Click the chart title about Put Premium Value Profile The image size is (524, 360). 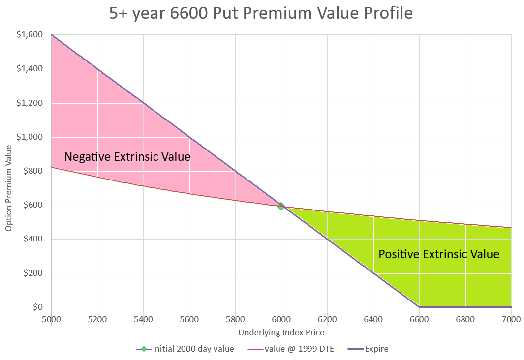pyautogui.click(x=261, y=13)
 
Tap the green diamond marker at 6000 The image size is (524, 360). pyautogui.click(x=281, y=206)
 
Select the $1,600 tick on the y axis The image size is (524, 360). pyautogui.click(x=30, y=34)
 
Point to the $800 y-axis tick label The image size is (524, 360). pyautogui.click(x=33, y=171)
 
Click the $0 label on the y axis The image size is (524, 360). pyautogui.click(x=38, y=307)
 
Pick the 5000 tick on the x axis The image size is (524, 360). pyautogui.click(x=52, y=319)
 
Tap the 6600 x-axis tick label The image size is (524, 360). pyautogui.click(x=419, y=319)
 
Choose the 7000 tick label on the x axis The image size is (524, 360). pyautogui.click(x=511, y=319)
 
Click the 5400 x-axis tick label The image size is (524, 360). pyautogui.click(x=143, y=319)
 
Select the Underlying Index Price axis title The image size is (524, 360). pyautogui.click(x=281, y=332)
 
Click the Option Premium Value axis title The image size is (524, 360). pyautogui.click(x=8, y=188)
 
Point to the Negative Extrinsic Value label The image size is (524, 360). pyautogui.click(x=127, y=156)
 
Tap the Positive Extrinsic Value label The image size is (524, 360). pyautogui.click(x=439, y=254)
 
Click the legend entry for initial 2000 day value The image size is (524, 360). pyautogui.click(x=185, y=349)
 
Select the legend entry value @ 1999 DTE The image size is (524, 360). pyautogui.click(x=291, y=349)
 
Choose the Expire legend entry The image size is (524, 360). pyautogui.click(x=368, y=349)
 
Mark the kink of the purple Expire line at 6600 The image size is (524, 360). pyautogui.click(x=419, y=307)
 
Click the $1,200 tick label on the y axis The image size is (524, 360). pyautogui.click(x=30, y=102)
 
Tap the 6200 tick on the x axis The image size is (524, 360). pyautogui.click(x=327, y=319)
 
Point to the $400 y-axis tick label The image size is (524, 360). pyautogui.click(x=33, y=239)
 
